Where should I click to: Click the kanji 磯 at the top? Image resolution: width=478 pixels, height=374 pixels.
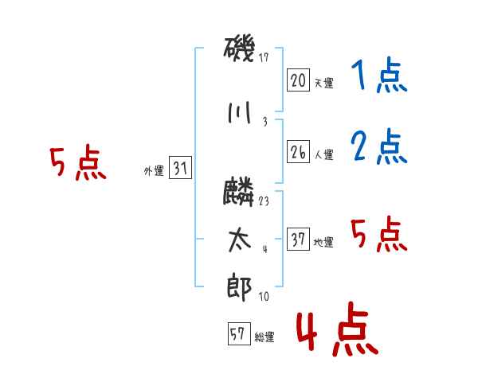239,50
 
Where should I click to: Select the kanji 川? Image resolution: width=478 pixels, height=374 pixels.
239,113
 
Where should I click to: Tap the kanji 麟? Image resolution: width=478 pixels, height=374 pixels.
238,192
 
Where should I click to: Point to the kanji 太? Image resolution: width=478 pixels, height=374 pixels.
240,240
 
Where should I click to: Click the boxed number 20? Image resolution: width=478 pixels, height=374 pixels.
298,80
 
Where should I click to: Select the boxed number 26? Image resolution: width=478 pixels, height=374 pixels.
298,152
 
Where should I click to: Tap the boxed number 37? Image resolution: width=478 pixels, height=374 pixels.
298,239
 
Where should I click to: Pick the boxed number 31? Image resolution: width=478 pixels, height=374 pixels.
180,167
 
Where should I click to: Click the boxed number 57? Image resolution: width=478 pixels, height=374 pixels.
239,333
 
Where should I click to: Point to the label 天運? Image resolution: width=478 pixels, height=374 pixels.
323,83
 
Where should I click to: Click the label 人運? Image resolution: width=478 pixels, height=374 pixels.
323,154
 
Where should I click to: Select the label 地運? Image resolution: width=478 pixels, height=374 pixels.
323,242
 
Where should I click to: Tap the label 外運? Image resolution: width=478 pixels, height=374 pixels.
154,171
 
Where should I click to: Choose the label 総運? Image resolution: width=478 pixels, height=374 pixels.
264,337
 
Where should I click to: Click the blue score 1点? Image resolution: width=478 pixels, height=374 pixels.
379,75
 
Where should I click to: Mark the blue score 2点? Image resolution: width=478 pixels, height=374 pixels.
379,146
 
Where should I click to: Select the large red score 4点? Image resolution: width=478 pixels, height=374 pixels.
337,329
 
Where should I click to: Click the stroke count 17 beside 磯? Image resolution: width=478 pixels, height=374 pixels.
264,57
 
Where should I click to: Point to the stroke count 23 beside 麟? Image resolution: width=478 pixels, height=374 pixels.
264,201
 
